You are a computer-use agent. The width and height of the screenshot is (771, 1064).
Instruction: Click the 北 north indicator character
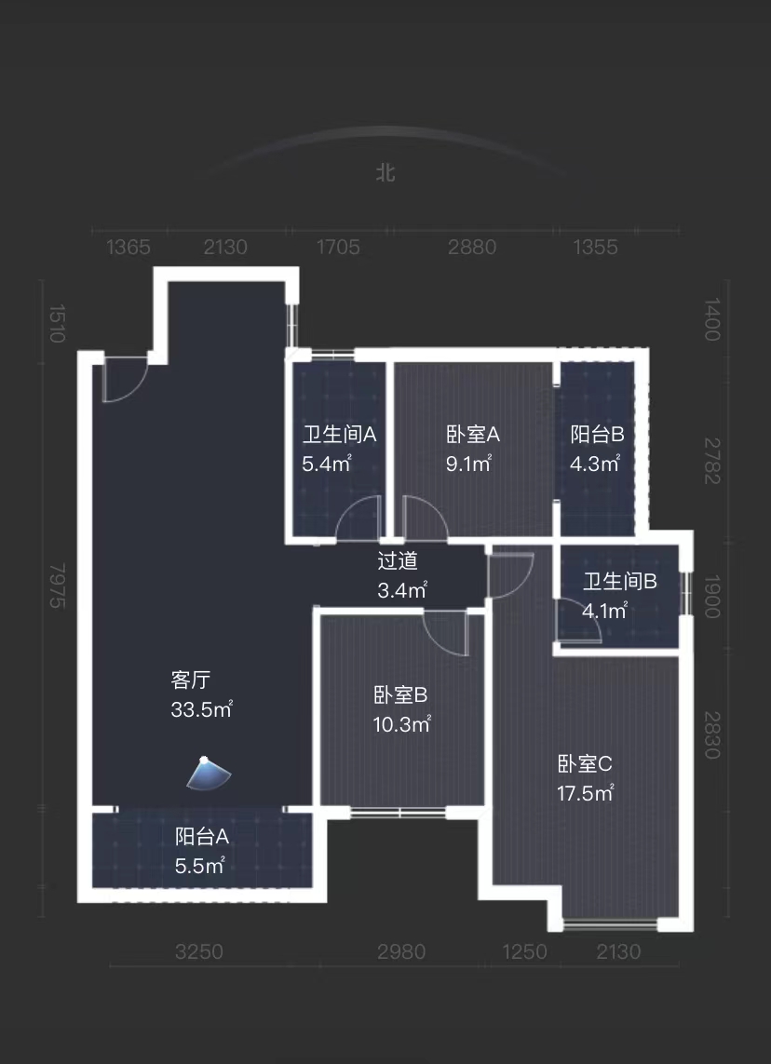385,173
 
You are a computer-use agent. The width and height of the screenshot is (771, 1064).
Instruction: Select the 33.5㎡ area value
201,710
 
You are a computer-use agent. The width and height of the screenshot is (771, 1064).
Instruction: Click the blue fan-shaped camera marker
209,774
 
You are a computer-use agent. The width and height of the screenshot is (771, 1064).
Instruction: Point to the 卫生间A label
340,434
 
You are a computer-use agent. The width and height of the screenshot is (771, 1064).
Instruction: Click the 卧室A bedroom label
473,434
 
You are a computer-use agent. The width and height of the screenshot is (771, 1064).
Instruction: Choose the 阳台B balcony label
597,434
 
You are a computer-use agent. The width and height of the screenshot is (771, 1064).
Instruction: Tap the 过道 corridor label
398,561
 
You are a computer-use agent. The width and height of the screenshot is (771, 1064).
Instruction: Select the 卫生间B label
620,582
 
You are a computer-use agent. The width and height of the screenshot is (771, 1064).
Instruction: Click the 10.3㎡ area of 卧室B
401,724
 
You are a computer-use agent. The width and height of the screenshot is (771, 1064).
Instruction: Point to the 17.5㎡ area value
586,794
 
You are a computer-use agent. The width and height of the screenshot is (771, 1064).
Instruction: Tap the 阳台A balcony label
201,836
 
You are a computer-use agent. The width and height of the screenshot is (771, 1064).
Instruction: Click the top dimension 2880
472,248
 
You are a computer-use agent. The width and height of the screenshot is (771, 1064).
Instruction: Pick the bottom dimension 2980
401,952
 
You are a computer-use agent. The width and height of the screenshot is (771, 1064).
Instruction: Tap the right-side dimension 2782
712,463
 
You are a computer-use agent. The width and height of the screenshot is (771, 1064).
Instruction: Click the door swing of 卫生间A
358,519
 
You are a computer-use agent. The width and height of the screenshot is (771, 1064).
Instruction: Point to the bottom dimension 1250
525,952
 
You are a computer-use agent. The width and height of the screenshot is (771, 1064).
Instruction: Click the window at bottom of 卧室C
610,924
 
